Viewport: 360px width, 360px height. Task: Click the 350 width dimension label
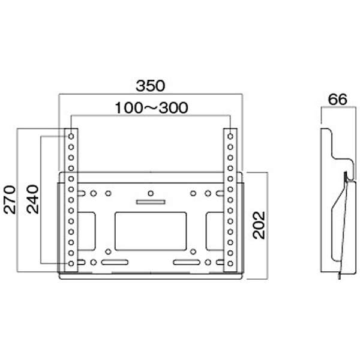click(151, 86)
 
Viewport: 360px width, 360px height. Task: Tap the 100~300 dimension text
click(152, 107)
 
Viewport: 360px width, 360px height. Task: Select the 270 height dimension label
click(10, 200)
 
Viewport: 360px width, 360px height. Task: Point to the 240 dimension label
click(32, 199)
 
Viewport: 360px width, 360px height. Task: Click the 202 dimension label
click(259, 225)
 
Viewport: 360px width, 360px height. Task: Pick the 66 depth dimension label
click(337, 100)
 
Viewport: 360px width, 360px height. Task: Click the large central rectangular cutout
click(151, 231)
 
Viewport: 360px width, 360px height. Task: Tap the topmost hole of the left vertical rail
click(71, 136)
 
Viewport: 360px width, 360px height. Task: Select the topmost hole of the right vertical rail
click(230, 136)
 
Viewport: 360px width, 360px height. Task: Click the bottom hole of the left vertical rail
click(71, 263)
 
